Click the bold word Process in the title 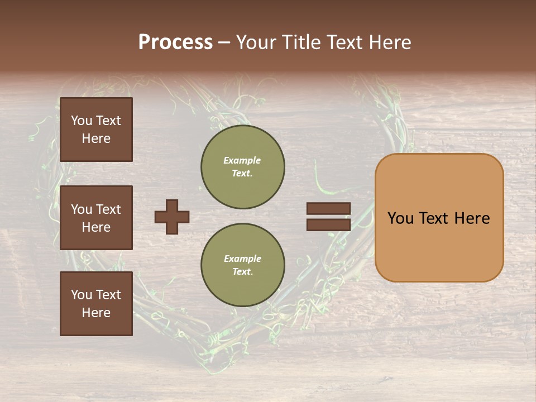tap(175, 42)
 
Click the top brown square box tap(96, 130)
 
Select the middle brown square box tap(96, 218)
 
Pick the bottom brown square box tap(96, 304)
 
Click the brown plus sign tap(172, 217)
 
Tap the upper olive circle tap(243, 166)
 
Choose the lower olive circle tap(243, 265)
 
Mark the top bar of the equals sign tap(328, 208)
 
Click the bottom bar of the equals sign tap(328, 224)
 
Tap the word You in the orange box tap(400, 218)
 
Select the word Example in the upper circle tap(242, 160)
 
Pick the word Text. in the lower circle tap(242, 271)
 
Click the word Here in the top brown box tap(96, 138)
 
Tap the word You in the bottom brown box tap(82, 295)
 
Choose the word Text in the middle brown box tap(108, 209)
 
